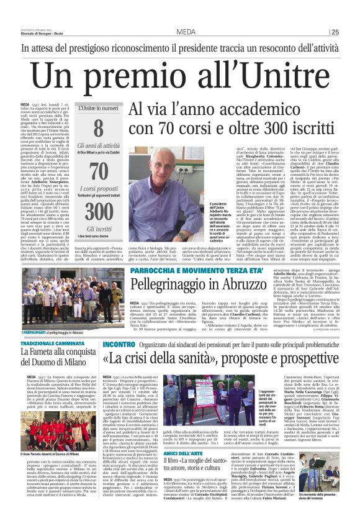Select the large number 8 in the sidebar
pyautogui.click(x=98, y=129)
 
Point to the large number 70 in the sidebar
pyautogui.click(x=98, y=170)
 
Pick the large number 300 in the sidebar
pyautogui.click(x=98, y=209)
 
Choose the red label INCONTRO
pyautogui.click(x=118, y=344)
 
